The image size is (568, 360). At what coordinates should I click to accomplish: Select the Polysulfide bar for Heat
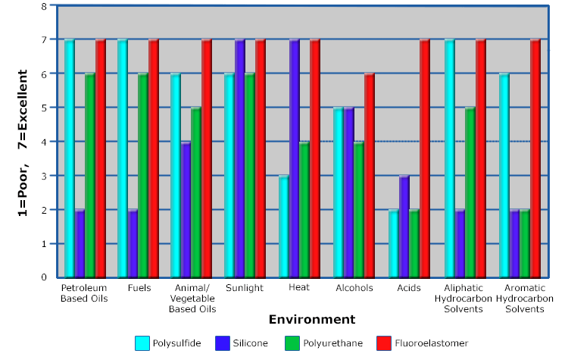pyautogui.click(x=284, y=226)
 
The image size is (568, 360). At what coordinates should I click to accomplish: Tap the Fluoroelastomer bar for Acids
pyautogui.click(x=424, y=158)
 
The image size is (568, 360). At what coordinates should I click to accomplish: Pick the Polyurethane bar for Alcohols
pyautogui.click(x=359, y=209)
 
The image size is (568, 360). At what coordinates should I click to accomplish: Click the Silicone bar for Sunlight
pyautogui.click(x=240, y=158)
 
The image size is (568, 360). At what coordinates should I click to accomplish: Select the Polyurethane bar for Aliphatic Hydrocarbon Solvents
pyautogui.click(x=470, y=193)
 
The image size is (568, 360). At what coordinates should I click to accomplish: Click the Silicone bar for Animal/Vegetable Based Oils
pyautogui.click(x=186, y=209)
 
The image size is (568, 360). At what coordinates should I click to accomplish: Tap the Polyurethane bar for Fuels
pyautogui.click(x=143, y=175)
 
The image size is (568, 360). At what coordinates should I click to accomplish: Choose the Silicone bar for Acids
pyautogui.click(x=404, y=226)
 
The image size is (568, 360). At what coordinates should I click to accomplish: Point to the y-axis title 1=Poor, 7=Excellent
pyautogui.click(x=23, y=142)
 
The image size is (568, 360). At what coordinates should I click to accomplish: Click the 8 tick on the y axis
pyautogui.click(x=44, y=6)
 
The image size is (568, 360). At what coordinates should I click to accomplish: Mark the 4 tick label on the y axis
pyautogui.click(x=44, y=142)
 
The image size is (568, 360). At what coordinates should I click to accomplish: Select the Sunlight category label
pyautogui.click(x=245, y=288)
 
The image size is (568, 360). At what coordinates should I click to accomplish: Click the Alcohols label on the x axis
pyautogui.click(x=354, y=288)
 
